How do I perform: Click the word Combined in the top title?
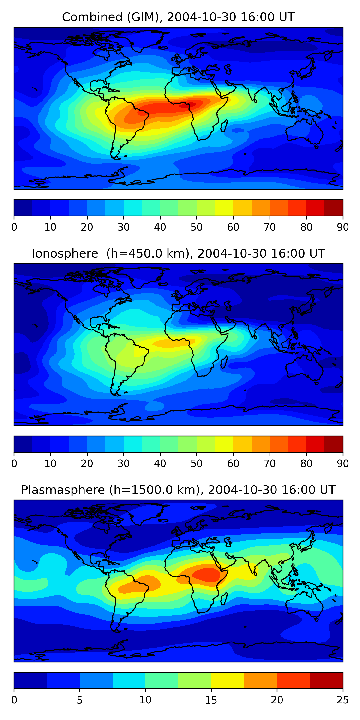(92, 17)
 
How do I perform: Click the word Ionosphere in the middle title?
(65, 253)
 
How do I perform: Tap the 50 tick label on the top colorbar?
(197, 227)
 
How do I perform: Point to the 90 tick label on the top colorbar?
(343, 227)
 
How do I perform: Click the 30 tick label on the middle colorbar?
(123, 463)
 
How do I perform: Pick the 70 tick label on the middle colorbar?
(270, 463)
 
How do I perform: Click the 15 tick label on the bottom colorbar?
(211, 700)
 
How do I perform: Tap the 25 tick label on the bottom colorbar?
(343, 700)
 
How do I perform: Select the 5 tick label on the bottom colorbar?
(80, 700)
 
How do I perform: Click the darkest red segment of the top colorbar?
(334, 208)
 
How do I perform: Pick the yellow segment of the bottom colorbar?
(228, 680)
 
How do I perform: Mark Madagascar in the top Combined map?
(224, 126)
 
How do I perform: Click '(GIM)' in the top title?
(143, 17)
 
